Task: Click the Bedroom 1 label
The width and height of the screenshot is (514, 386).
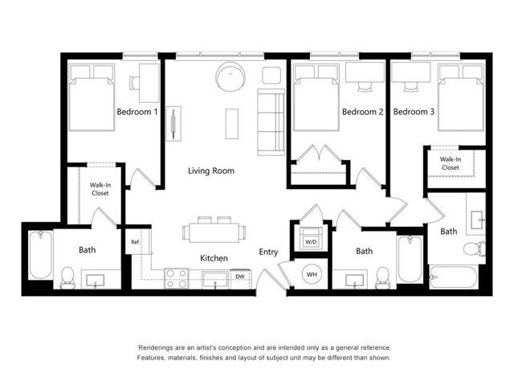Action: [137, 112]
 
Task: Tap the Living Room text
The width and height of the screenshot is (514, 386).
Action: [211, 170]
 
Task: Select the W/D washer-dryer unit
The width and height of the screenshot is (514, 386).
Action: [309, 240]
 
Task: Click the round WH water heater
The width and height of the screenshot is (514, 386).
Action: [312, 275]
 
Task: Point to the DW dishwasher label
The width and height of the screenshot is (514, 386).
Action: [240, 277]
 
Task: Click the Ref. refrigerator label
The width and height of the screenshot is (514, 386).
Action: [135, 241]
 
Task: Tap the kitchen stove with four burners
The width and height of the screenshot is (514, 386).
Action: [177, 279]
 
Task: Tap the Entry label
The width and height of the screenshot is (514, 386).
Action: [268, 252]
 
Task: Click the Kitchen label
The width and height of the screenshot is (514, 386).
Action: [214, 258]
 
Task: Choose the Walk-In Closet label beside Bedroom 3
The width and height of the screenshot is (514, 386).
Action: [450, 164]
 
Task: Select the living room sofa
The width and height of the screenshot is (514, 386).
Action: [271, 122]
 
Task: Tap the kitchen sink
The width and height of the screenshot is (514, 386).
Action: [215, 279]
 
